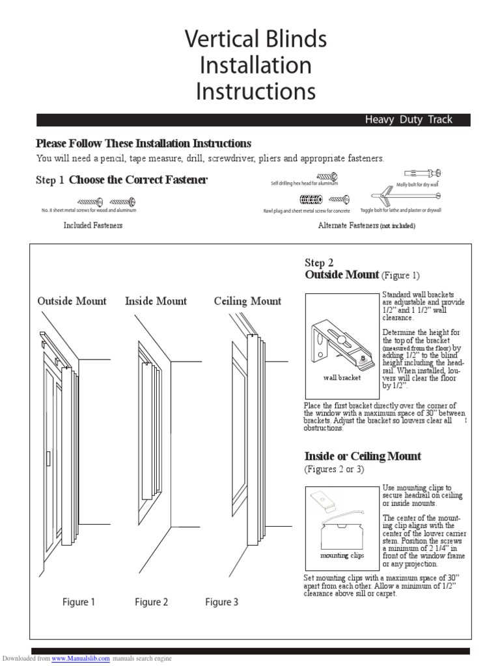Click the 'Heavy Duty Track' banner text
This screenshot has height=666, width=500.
(x=408, y=120)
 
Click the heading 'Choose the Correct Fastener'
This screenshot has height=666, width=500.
(x=138, y=180)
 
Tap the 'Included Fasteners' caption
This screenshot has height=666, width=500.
(x=93, y=226)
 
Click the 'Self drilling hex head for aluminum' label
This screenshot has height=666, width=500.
(x=305, y=184)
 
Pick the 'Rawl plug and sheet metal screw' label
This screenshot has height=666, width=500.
(x=306, y=211)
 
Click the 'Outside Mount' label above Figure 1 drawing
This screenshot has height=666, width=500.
(x=72, y=301)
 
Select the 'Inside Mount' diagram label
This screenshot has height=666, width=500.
(x=156, y=301)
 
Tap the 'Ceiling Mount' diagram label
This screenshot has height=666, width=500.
(x=247, y=301)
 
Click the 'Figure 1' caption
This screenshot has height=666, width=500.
(x=79, y=602)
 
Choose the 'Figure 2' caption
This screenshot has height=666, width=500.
(x=151, y=602)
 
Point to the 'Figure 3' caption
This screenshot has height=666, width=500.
(x=222, y=602)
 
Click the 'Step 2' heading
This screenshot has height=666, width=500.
(x=319, y=263)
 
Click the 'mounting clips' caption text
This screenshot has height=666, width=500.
(x=342, y=556)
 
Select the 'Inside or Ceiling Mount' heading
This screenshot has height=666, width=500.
(x=363, y=457)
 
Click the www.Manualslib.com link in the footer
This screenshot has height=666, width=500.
(x=81, y=659)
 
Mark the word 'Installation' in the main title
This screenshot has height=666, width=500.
(x=256, y=66)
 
